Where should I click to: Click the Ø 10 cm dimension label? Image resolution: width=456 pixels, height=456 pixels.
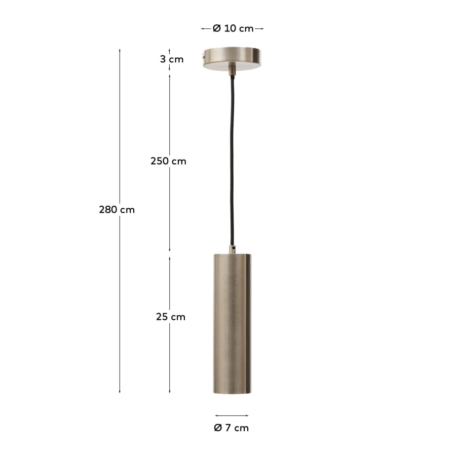[233, 29]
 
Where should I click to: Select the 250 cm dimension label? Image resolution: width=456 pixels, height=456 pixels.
[168, 162]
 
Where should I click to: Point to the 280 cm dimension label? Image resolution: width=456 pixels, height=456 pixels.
[117, 210]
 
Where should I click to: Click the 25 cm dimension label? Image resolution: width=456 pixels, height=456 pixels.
[171, 317]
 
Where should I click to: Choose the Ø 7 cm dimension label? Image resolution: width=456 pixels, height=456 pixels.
[232, 428]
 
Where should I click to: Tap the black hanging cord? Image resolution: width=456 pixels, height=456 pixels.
[232, 162]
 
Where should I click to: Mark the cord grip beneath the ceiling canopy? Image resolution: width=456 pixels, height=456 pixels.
[232, 69]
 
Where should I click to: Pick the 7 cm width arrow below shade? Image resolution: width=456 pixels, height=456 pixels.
[232, 415]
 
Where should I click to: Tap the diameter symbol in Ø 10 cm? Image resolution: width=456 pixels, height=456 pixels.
[216, 29]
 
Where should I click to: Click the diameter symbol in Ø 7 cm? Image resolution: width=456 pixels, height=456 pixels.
[218, 428]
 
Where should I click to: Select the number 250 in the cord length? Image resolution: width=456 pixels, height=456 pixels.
[160, 162]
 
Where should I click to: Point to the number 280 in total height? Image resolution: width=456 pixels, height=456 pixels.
[108, 210]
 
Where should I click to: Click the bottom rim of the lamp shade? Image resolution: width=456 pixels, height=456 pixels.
[232, 391]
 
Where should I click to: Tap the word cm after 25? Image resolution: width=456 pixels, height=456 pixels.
[178, 317]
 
